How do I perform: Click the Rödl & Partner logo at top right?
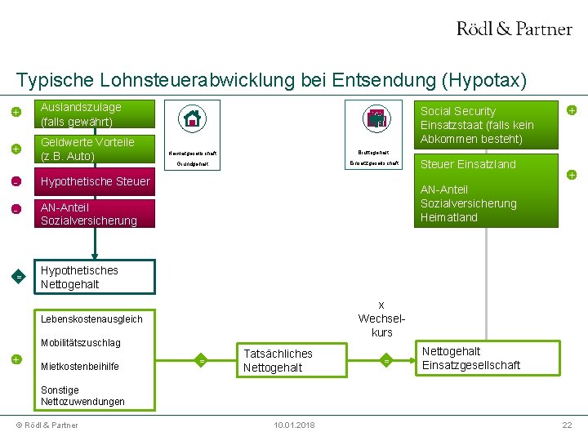coord(514,29)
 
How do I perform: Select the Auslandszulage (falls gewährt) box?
coord(96,114)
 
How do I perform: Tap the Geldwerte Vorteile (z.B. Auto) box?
coord(96,149)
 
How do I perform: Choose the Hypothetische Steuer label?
coord(96,181)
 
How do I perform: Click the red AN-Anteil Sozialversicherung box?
coord(96,214)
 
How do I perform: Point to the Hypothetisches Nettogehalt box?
coord(96,277)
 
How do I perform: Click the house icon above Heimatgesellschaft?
coord(193,118)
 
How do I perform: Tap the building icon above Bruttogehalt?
coord(376,118)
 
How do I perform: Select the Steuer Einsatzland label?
coord(468,164)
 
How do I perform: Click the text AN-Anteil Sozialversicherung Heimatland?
coord(468,203)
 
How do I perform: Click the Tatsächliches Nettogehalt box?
coord(278,360)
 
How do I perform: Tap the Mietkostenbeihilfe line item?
coord(79,366)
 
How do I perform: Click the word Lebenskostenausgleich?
coord(91,318)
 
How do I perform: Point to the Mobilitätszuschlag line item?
coord(80,343)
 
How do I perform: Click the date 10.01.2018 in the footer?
coord(293,425)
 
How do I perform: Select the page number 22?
coord(566,425)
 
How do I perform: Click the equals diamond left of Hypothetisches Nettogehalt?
coord(18,277)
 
